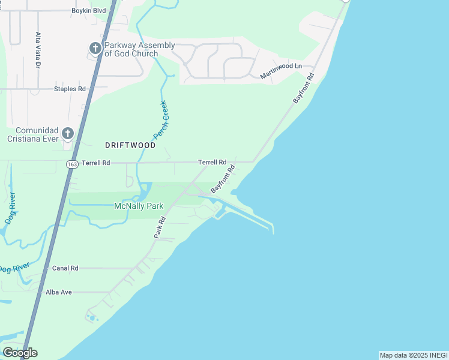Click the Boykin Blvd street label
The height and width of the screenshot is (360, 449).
click(x=88, y=11)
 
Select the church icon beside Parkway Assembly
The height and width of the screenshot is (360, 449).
click(x=95, y=48)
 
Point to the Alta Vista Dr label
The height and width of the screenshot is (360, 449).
click(x=37, y=50)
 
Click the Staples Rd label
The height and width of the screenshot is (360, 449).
click(x=70, y=89)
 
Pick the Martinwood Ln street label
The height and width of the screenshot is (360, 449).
click(x=281, y=71)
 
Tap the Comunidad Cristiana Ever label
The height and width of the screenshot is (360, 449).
click(x=37, y=134)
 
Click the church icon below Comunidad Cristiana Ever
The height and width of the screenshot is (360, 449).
click(x=67, y=133)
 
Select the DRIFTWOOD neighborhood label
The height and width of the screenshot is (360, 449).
click(x=130, y=145)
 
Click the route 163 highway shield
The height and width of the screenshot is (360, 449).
click(x=73, y=163)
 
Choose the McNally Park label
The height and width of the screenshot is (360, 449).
click(x=139, y=206)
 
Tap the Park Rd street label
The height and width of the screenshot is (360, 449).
click(x=159, y=227)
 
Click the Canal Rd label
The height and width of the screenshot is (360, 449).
click(x=65, y=268)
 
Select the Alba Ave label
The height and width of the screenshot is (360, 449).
click(x=59, y=292)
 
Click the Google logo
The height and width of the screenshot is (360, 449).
click(x=20, y=353)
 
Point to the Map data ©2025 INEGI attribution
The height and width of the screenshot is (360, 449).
click(x=414, y=355)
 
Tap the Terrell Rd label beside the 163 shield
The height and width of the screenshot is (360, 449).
click(x=96, y=163)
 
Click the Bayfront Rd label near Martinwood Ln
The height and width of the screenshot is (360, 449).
click(x=304, y=88)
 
